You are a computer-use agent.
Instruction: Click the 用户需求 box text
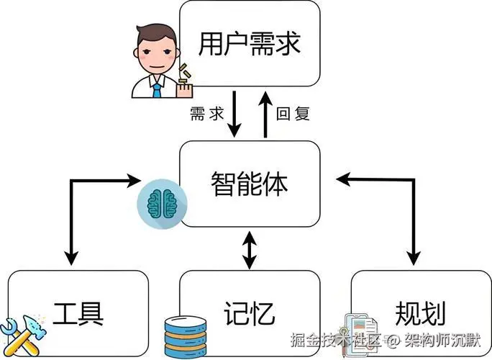click(x=248, y=45)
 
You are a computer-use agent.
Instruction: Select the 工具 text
click(x=79, y=313)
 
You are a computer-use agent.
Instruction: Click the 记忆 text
click(x=250, y=313)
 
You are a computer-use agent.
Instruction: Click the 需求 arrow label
click(x=207, y=114)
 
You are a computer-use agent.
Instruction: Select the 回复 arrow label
click(x=293, y=114)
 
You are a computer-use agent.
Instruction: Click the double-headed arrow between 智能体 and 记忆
click(x=249, y=249)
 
